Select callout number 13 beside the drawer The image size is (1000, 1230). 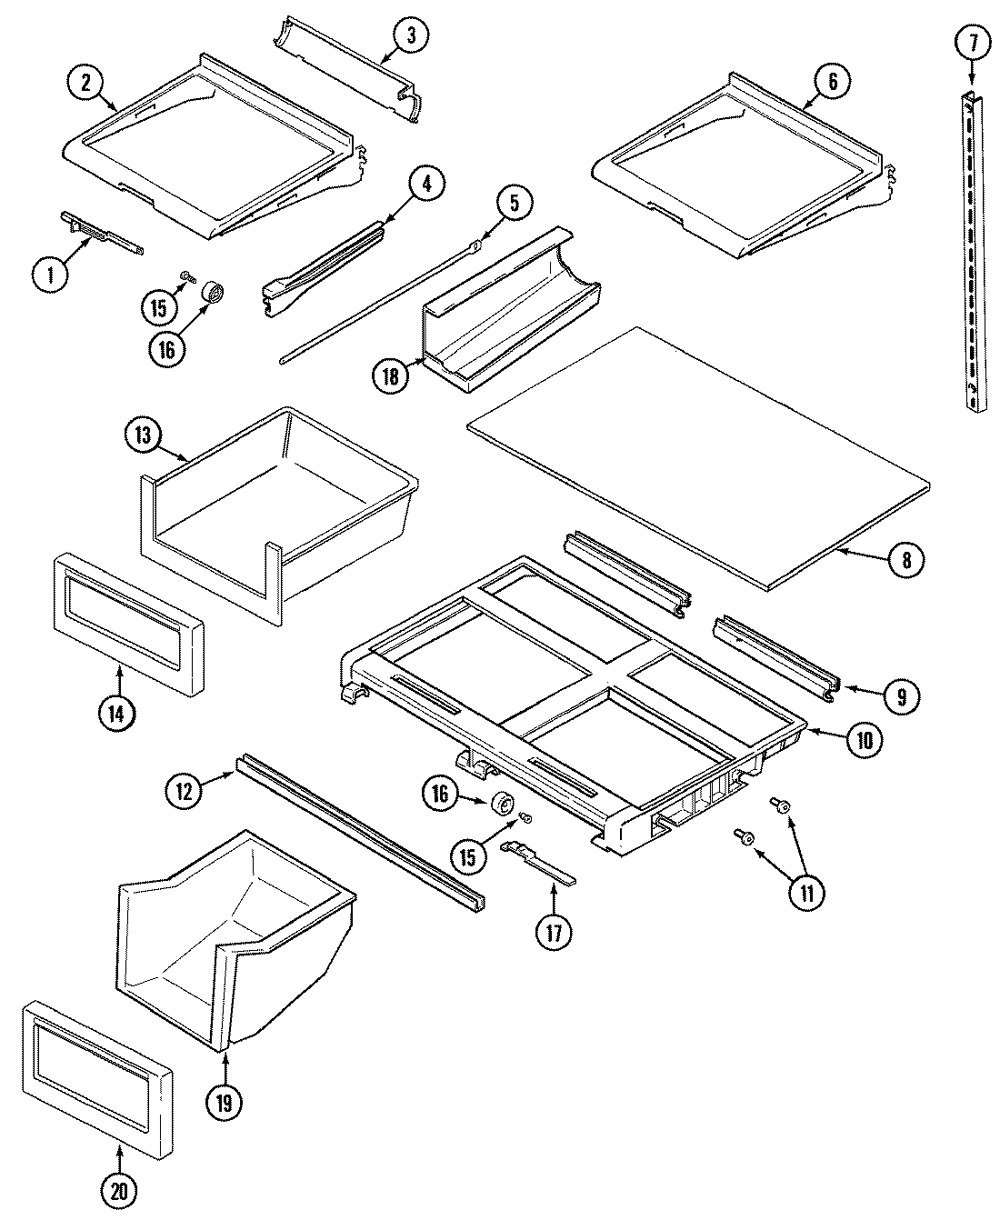point(143,435)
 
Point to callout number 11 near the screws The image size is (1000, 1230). point(806,891)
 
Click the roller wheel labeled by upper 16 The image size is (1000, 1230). point(214,294)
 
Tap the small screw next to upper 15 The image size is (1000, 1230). point(185,275)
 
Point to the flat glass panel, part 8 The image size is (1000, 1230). point(700,455)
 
